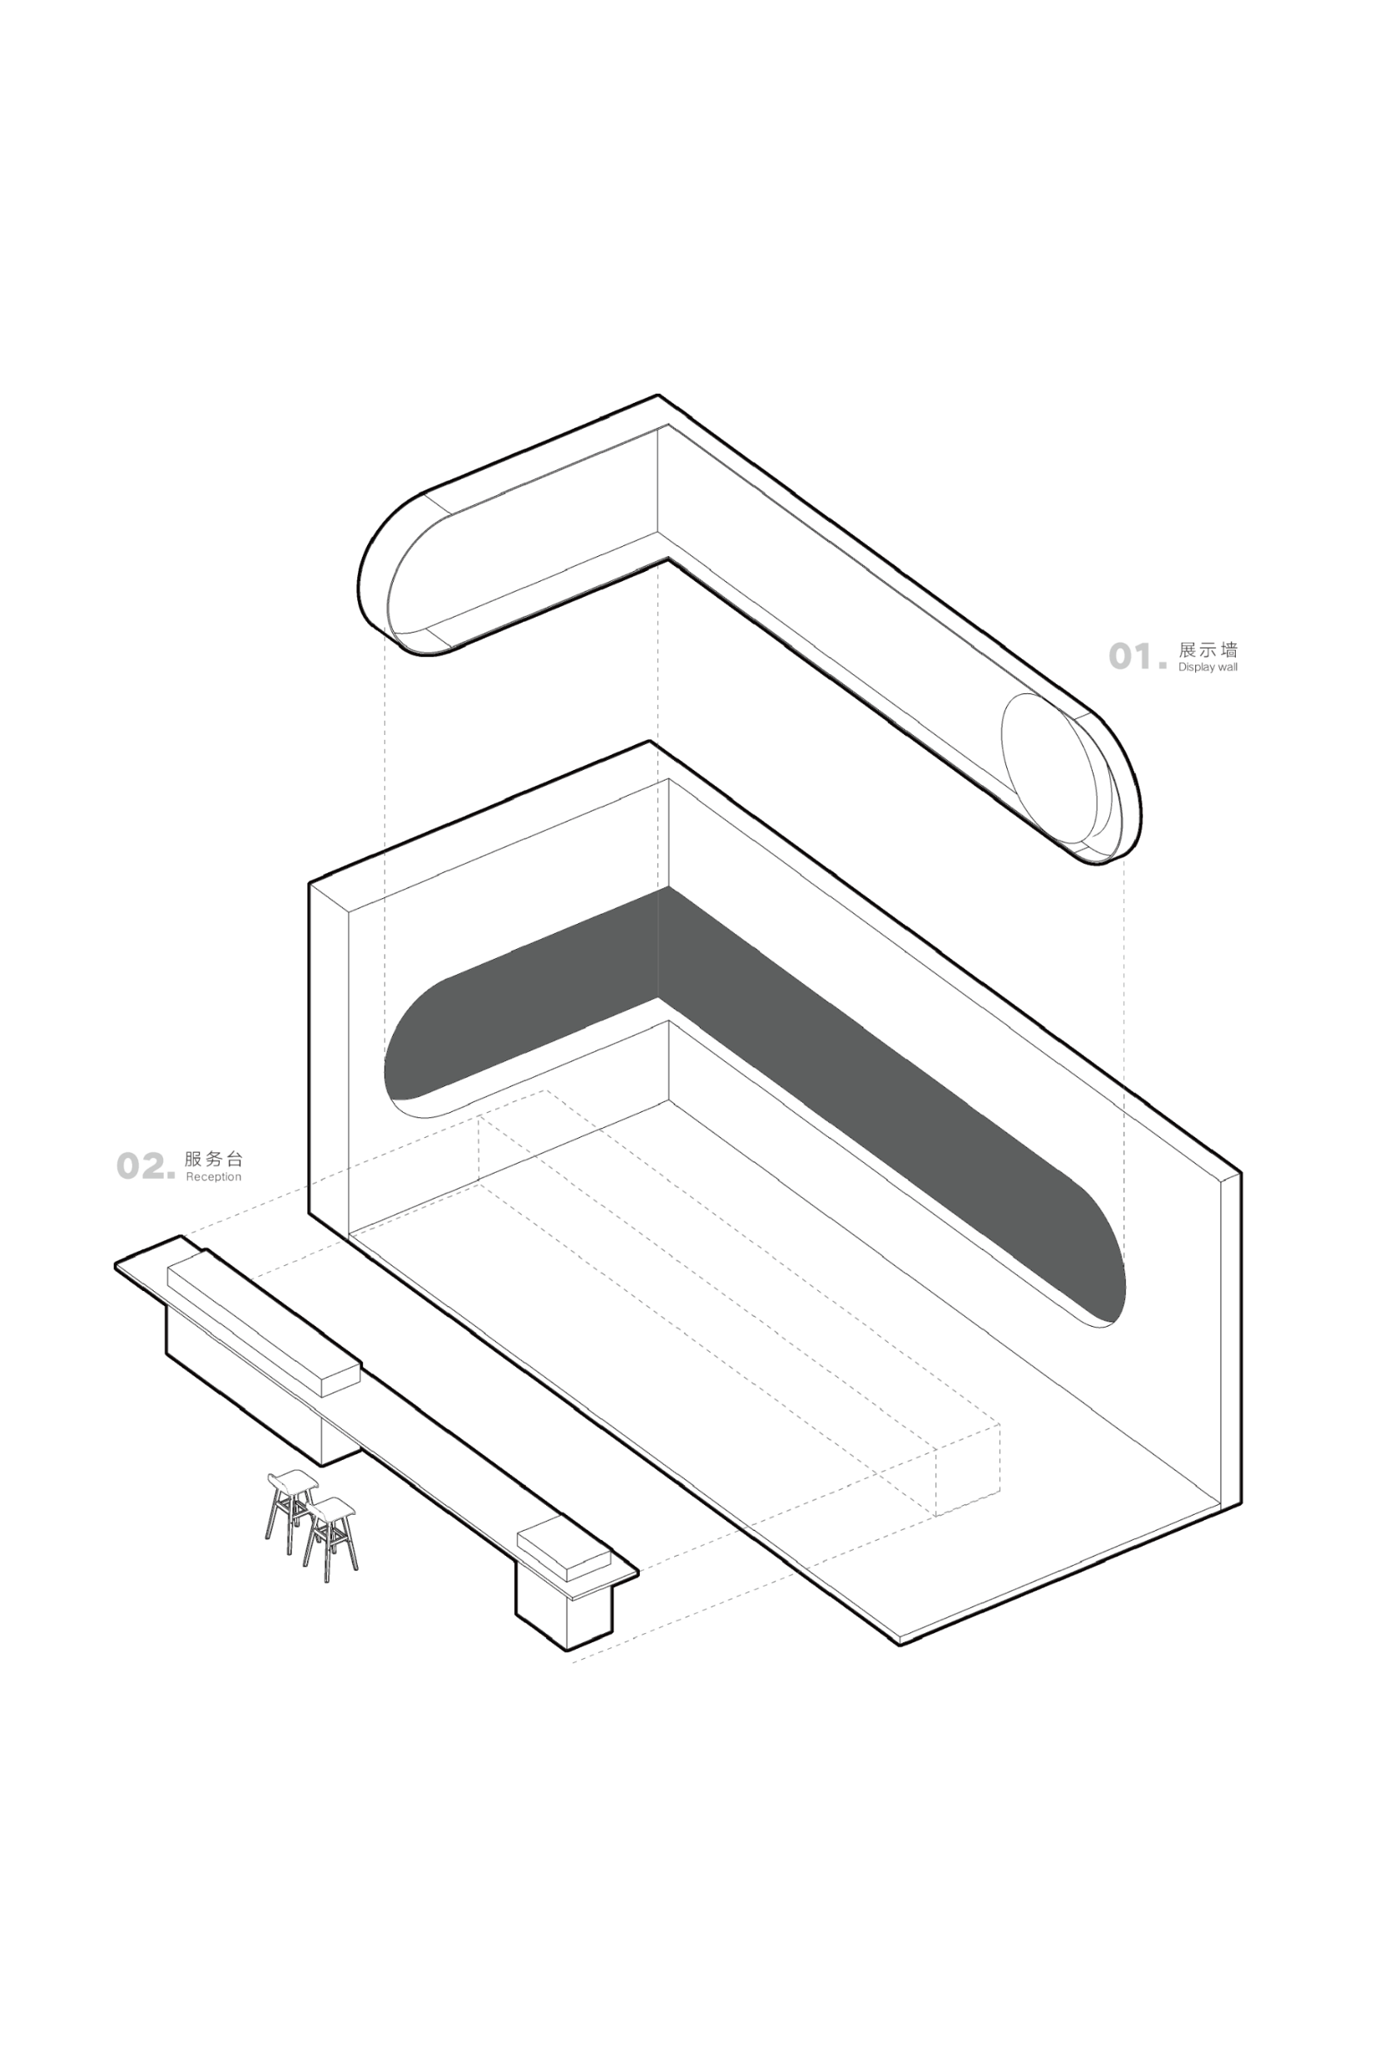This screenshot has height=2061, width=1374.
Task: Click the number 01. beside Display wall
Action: pyautogui.click(x=1138, y=656)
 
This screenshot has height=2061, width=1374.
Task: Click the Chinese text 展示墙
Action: pyautogui.click(x=1208, y=650)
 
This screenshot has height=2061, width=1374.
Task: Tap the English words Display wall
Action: pyautogui.click(x=1208, y=668)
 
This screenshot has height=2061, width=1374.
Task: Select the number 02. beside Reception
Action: pyautogui.click(x=146, y=1166)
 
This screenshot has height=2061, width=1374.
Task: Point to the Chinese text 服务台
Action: pyautogui.click(x=213, y=1160)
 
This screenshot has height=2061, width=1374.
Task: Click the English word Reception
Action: pyautogui.click(x=213, y=1177)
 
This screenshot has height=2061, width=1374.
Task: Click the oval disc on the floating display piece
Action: pyautogui.click(x=1048, y=768)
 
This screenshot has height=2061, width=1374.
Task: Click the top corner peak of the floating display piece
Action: pyautogui.click(x=658, y=395)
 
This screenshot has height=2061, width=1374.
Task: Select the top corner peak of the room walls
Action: pyautogui.click(x=649, y=742)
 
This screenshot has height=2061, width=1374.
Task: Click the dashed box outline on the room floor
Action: pyautogui.click(x=739, y=1303)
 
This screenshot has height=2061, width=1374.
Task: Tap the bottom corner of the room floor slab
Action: pyautogui.click(x=900, y=1644)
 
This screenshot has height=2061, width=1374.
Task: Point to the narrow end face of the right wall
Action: pyautogui.click(x=1230, y=1339)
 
